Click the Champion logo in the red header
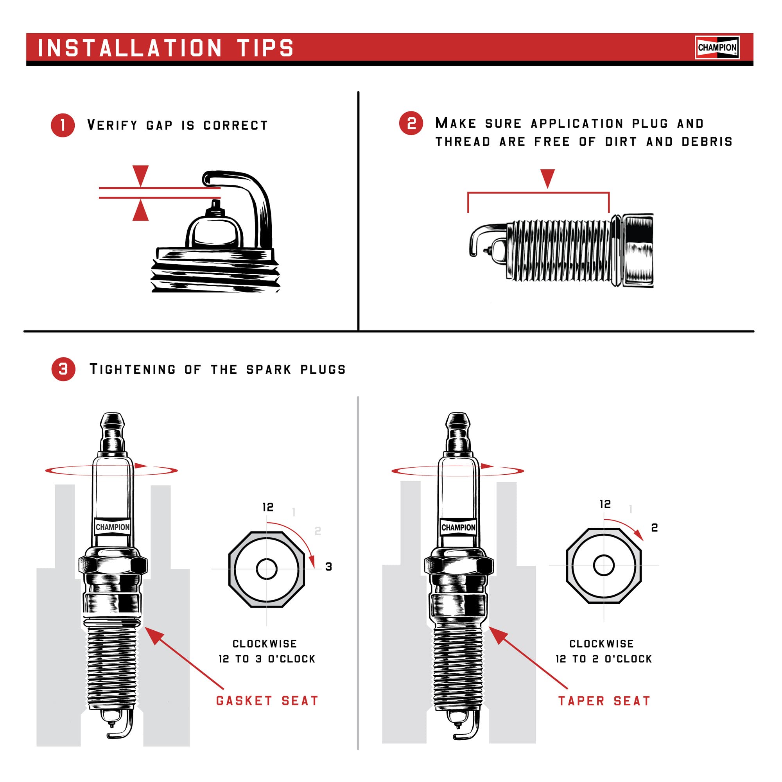[x=717, y=47]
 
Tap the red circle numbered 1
[x=63, y=125]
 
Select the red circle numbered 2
[x=411, y=123]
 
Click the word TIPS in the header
[x=265, y=48]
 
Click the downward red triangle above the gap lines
[x=140, y=175]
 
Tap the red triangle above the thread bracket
[x=547, y=178]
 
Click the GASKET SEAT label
[x=267, y=701]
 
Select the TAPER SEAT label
[x=604, y=701]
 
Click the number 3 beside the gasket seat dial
[x=329, y=567]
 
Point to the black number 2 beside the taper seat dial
[x=654, y=527]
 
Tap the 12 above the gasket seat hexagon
[x=267, y=507]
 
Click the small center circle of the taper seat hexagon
[x=603, y=565]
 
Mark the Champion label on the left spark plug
[x=113, y=527]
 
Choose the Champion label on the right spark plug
[x=458, y=527]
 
